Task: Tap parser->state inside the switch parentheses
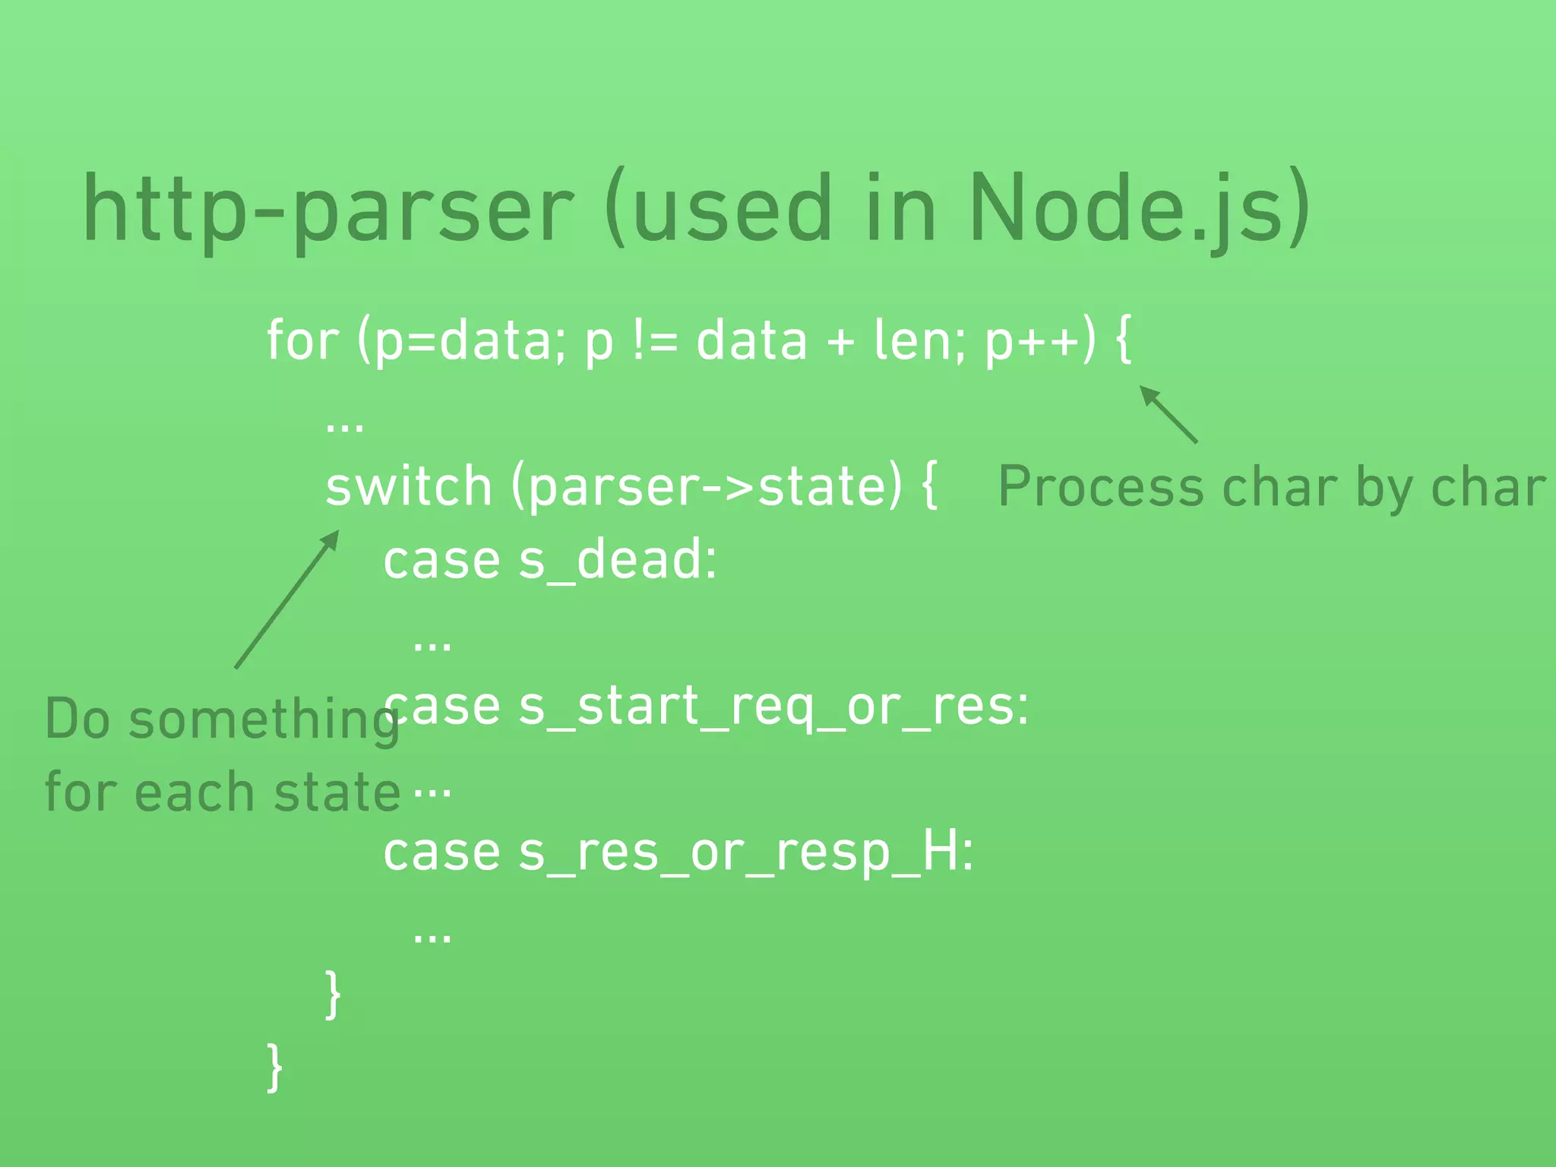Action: [707, 488]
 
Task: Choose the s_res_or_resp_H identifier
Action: [745, 853]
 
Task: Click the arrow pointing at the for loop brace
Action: [1168, 414]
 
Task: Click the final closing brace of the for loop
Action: [275, 1067]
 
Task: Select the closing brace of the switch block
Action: [333, 995]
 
